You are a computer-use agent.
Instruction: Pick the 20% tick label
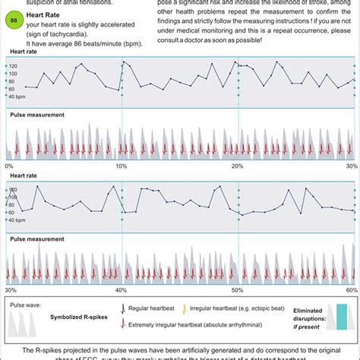point(237,166)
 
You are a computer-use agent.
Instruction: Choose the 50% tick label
point(237,290)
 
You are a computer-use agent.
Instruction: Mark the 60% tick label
point(350,290)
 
